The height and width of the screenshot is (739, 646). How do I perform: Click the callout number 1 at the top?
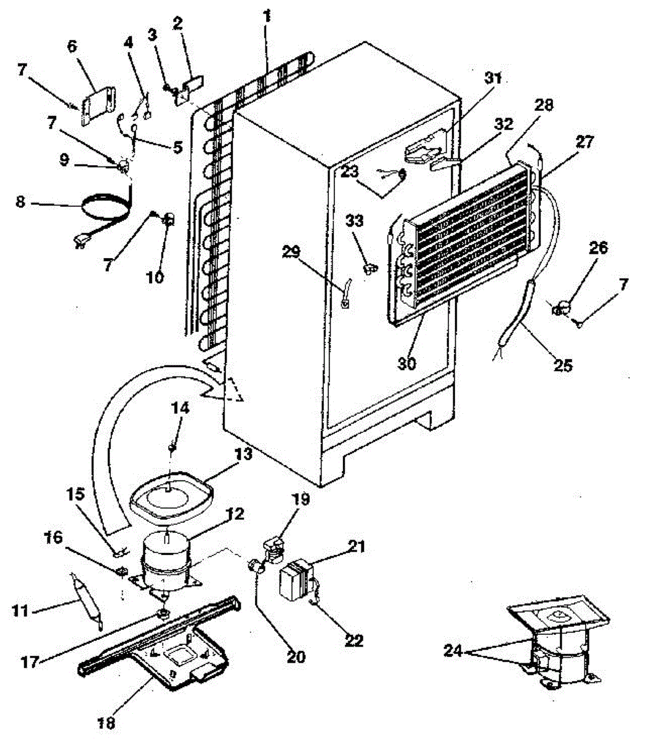point(266,17)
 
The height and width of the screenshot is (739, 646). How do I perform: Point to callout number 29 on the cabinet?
point(292,251)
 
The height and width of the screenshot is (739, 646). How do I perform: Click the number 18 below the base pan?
point(107,721)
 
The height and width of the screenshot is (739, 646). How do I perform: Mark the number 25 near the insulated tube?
point(563,365)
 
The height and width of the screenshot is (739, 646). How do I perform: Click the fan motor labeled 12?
point(165,561)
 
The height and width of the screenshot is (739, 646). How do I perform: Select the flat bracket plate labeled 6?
point(98,108)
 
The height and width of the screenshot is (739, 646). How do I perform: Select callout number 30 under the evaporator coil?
point(407,363)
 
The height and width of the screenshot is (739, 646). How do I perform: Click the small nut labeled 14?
point(174,446)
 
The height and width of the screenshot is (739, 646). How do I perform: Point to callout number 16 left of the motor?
point(54,538)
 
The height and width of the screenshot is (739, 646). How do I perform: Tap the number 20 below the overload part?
point(296,656)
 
